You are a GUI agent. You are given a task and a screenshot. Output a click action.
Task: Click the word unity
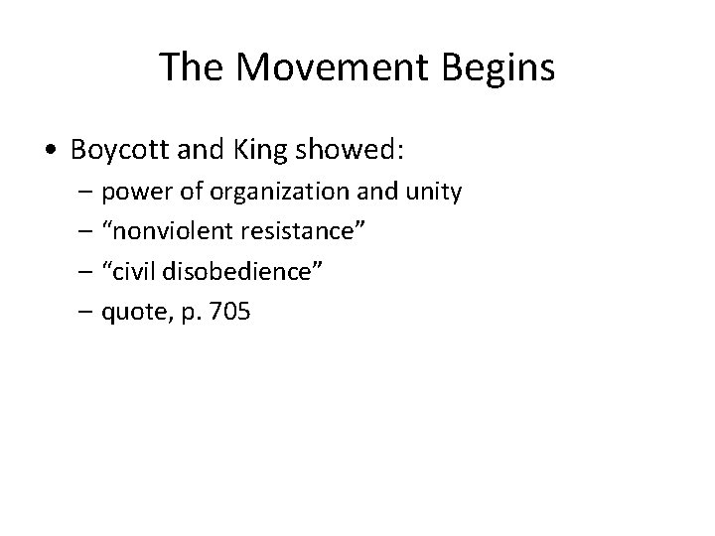pos(434,192)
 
